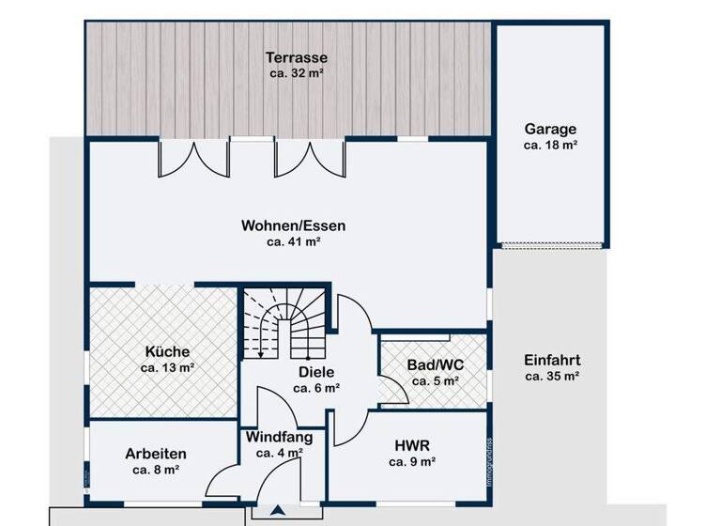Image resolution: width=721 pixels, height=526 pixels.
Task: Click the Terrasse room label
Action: (296, 56)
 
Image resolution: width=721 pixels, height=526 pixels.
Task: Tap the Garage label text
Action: (550, 130)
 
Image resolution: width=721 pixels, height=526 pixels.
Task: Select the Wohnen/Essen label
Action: (294, 225)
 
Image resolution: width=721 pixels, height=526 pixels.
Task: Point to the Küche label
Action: (167, 352)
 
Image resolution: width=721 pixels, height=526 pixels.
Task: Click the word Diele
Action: (315, 372)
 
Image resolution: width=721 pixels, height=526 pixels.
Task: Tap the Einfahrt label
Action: (552, 360)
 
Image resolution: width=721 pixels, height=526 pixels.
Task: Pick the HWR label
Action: (411, 446)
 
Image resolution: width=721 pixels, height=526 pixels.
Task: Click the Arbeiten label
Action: (156, 453)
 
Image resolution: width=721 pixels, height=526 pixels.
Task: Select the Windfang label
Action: (279, 437)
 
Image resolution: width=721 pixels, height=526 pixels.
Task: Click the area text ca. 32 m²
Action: (296, 71)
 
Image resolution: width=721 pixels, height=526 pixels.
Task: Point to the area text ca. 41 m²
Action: (294, 241)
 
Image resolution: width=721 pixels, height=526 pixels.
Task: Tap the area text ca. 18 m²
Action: (550, 146)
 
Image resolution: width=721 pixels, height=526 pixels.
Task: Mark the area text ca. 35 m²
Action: (552, 376)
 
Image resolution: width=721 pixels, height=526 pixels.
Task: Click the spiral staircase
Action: (284, 322)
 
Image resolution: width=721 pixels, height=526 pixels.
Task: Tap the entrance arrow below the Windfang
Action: (279, 512)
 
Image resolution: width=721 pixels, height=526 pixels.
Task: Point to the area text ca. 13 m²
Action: (167, 368)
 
